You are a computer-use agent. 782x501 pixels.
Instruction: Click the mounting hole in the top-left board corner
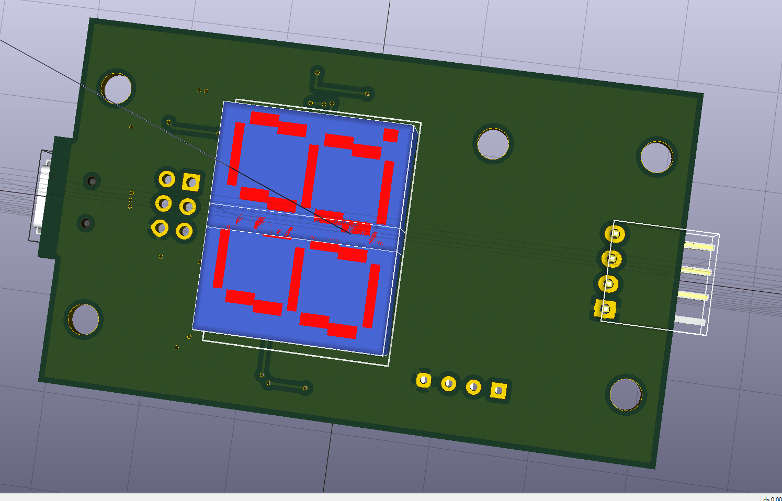[117, 88]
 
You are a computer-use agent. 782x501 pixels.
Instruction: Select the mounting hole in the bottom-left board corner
[84, 319]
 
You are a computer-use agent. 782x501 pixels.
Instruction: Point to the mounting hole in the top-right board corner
[656, 157]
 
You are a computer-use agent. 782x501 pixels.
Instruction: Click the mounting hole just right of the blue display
[493, 144]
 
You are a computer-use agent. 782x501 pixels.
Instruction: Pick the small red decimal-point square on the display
[390, 135]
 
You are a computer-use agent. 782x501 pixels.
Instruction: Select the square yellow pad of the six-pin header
[191, 182]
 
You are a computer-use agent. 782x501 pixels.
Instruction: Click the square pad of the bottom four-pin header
[498, 390]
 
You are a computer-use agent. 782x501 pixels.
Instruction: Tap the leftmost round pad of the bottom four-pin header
[424, 380]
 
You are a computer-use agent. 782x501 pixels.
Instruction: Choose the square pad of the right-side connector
[606, 309]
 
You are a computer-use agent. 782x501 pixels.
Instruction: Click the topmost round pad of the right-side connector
[615, 233]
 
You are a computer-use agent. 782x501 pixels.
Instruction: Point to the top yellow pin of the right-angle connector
[699, 245]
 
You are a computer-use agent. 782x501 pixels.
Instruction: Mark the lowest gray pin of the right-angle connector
[690, 320]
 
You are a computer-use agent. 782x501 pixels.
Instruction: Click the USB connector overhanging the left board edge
[42, 196]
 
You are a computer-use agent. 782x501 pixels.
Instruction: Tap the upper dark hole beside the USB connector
[92, 181]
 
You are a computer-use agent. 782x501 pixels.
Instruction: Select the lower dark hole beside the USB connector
[86, 223]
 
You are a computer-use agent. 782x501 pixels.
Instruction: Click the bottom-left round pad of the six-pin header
[160, 227]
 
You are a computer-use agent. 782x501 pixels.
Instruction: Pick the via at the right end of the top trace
[367, 94]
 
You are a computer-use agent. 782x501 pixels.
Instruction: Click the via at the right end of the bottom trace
[305, 388]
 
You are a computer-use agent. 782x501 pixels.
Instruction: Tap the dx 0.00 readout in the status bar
[772, 498]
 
